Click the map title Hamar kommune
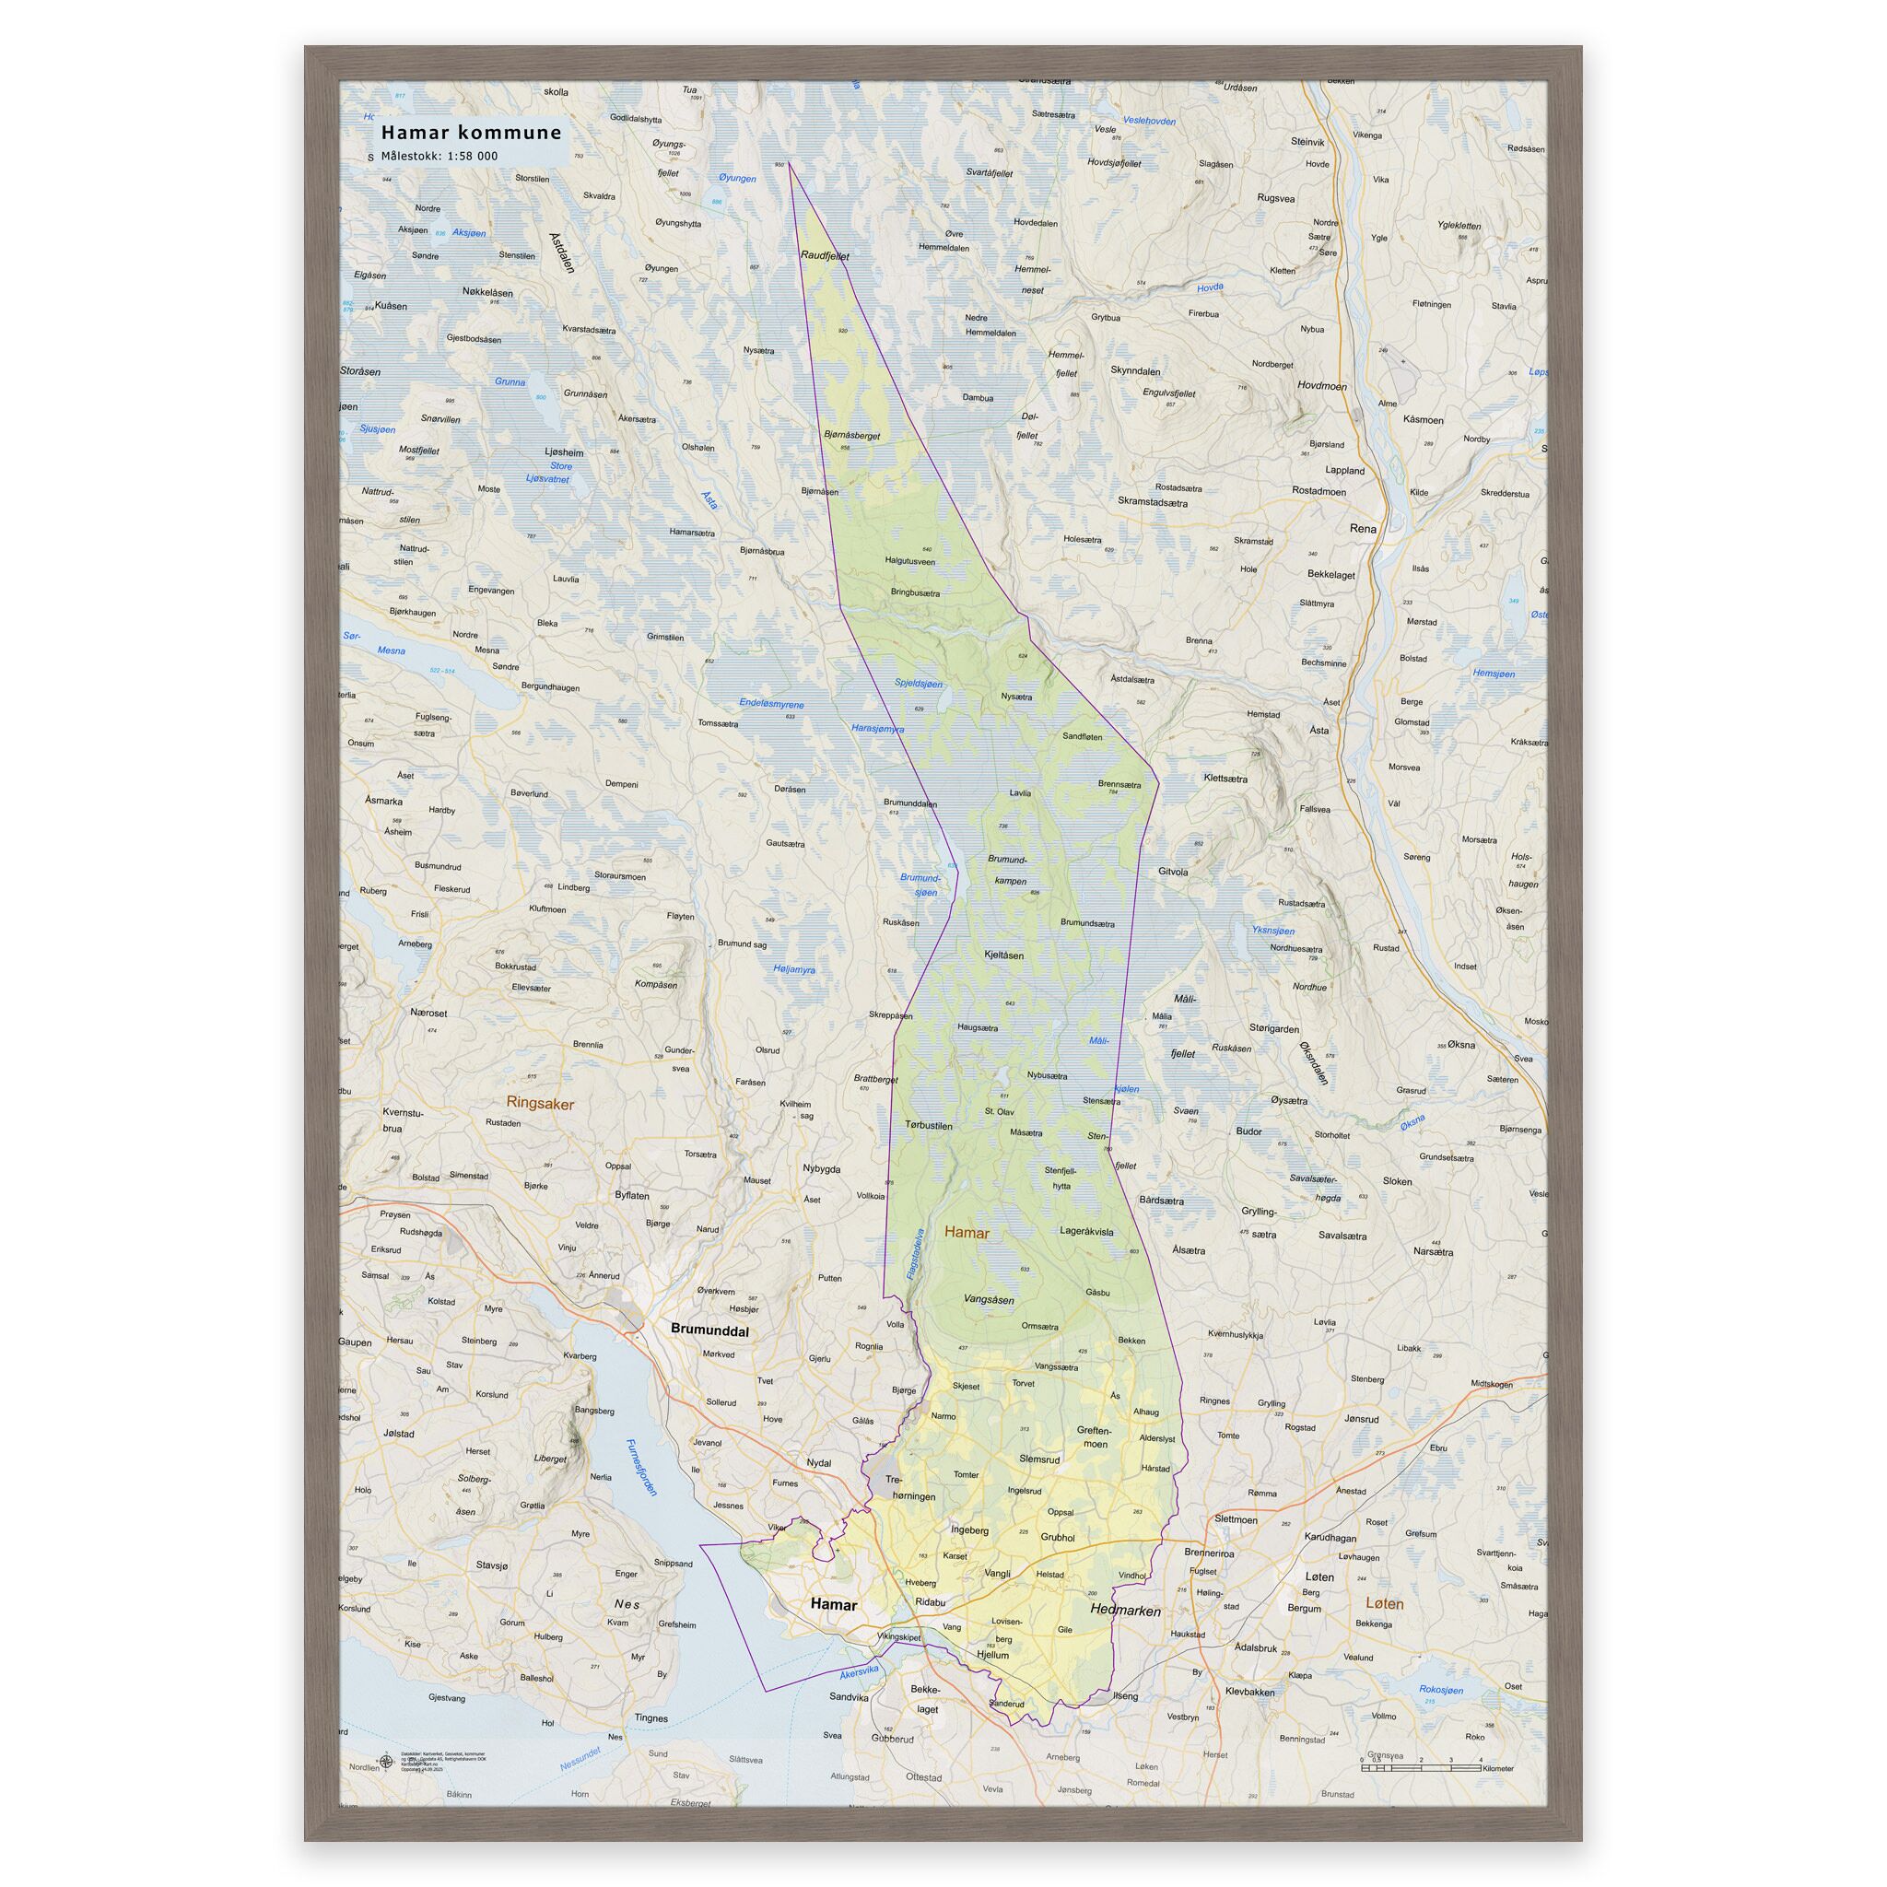pos(471,132)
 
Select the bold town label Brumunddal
pos(710,1330)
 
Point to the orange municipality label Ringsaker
pos(540,1103)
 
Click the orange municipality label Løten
pos(1384,1604)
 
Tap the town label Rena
pos(1363,528)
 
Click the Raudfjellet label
pos(826,256)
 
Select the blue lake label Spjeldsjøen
pos(919,684)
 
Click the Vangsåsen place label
pos(989,1300)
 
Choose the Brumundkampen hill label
pos(1007,870)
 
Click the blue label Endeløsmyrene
pos(771,703)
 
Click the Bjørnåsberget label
pos(851,436)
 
